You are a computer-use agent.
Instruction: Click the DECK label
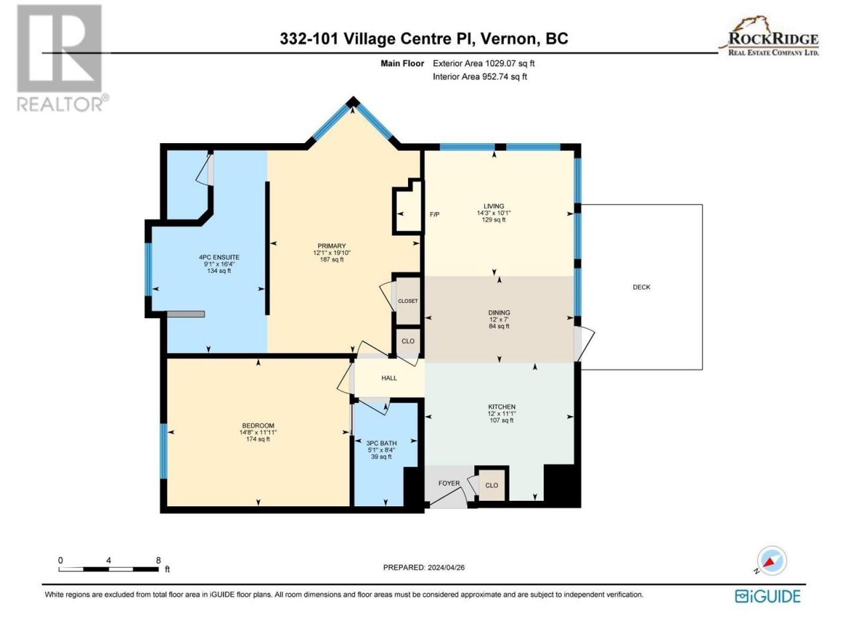point(641,287)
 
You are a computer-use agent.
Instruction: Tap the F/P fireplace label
point(435,214)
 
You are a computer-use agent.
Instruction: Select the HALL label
point(389,378)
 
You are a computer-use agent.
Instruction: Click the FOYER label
point(449,483)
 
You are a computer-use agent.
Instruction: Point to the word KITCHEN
point(502,407)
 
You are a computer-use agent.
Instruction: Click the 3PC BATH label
point(382,443)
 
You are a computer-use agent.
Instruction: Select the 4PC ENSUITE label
point(219,257)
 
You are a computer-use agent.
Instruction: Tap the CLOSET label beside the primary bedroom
point(407,301)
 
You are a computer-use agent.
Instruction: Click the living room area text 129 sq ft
point(494,220)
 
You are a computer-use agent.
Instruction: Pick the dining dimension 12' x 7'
point(499,319)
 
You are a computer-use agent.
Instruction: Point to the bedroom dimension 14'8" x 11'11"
point(258,433)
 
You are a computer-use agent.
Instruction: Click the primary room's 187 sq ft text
point(331,260)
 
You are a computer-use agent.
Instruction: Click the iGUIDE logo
point(767,596)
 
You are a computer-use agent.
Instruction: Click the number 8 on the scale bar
point(158,560)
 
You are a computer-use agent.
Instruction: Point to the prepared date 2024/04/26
point(446,567)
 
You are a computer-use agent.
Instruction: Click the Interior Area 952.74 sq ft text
point(480,76)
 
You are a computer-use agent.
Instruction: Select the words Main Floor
point(402,64)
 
